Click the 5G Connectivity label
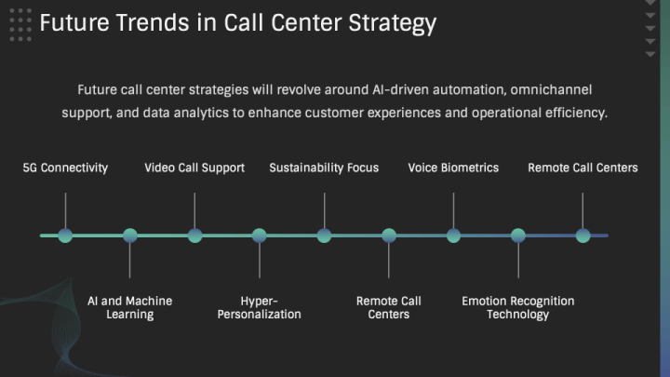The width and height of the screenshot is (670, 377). coord(65,168)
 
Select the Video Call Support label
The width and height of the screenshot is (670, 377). coord(194,168)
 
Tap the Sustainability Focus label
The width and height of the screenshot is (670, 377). coord(324,168)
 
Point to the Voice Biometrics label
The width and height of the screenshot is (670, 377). coord(453,168)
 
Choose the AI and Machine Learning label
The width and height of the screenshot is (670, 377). coord(130,307)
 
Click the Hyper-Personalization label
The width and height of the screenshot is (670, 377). coord(260,307)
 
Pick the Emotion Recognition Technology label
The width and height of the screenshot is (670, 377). coord(518,307)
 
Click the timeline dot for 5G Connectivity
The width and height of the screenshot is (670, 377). coord(65,236)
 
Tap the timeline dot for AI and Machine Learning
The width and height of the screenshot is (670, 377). coord(130,236)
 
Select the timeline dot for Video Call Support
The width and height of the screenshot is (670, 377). coord(194,236)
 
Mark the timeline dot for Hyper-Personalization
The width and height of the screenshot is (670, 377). coord(260,236)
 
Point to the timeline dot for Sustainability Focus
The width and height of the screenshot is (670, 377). coord(325,236)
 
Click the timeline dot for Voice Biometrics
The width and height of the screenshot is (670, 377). coord(454,236)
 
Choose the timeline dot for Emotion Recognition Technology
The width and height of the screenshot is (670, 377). coord(518,236)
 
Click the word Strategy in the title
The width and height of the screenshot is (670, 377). coord(393,23)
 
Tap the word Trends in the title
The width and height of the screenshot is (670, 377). coord(153,22)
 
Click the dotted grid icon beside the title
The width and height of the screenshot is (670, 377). coord(20,25)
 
